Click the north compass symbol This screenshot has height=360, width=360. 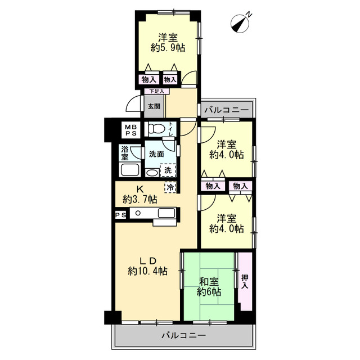240,24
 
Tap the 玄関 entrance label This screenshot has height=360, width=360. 154,106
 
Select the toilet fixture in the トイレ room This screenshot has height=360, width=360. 156,129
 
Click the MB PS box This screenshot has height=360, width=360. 130,130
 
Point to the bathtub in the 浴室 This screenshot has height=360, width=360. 130,170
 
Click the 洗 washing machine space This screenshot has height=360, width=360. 168,170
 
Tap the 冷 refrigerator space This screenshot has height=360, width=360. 170,187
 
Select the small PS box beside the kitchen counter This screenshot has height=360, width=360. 120,215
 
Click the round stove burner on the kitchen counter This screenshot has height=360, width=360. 138,213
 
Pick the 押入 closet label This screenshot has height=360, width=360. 245,282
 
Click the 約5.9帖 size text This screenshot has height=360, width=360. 168,48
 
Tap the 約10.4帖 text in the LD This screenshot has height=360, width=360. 147,272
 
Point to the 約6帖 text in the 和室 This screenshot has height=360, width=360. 209,292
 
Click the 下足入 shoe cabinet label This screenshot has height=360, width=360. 157,91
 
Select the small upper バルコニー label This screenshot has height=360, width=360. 227,110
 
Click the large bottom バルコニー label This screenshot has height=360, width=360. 184,336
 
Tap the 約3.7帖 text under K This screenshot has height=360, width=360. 140,199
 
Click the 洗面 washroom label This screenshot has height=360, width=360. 156,154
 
